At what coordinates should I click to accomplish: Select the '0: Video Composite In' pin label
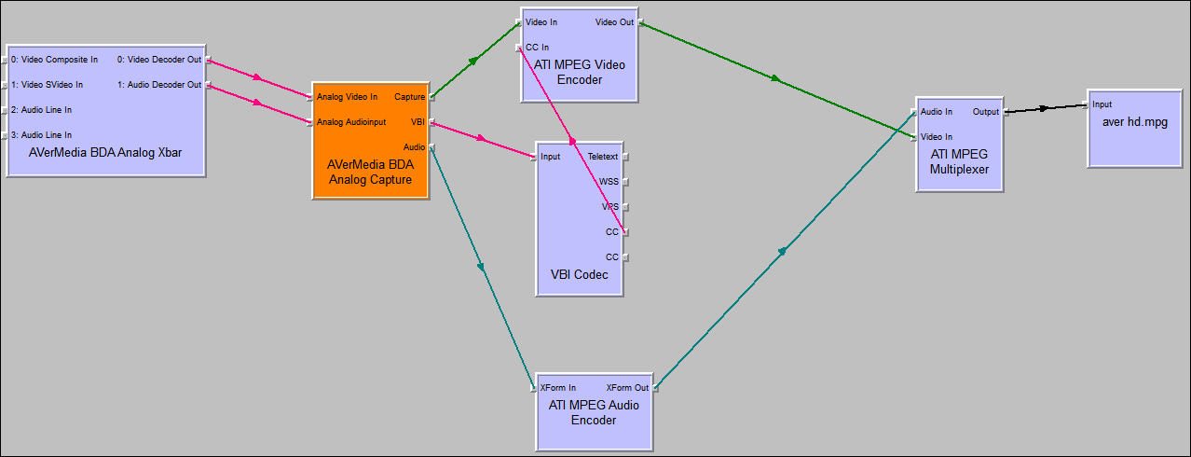tap(54, 60)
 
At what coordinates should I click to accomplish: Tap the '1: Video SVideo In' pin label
tap(47, 85)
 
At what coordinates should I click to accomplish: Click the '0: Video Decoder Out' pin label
tap(159, 60)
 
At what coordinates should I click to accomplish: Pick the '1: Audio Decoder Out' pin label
tap(159, 85)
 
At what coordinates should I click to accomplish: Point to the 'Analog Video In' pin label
tap(347, 96)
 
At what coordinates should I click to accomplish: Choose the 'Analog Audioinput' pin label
tap(350, 121)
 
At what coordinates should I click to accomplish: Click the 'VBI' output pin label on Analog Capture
tap(418, 121)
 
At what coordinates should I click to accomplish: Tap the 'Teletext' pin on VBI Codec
tap(603, 157)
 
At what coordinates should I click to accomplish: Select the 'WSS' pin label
tap(609, 182)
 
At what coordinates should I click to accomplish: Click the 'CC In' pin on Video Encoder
tap(537, 47)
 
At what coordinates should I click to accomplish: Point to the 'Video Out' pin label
tap(615, 21)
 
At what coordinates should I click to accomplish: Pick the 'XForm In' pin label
tap(558, 387)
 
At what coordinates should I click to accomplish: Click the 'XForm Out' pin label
tap(627, 387)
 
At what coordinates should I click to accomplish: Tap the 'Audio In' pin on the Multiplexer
tap(937, 112)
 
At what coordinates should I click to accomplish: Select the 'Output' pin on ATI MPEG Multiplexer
tap(985, 112)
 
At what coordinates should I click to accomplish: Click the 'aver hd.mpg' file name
tap(1134, 122)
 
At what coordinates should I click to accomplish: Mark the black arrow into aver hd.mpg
tap(1043, 108)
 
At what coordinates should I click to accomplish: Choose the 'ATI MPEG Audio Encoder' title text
tap(594, 412)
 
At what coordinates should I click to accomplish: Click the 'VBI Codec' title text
tap(579, 274)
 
